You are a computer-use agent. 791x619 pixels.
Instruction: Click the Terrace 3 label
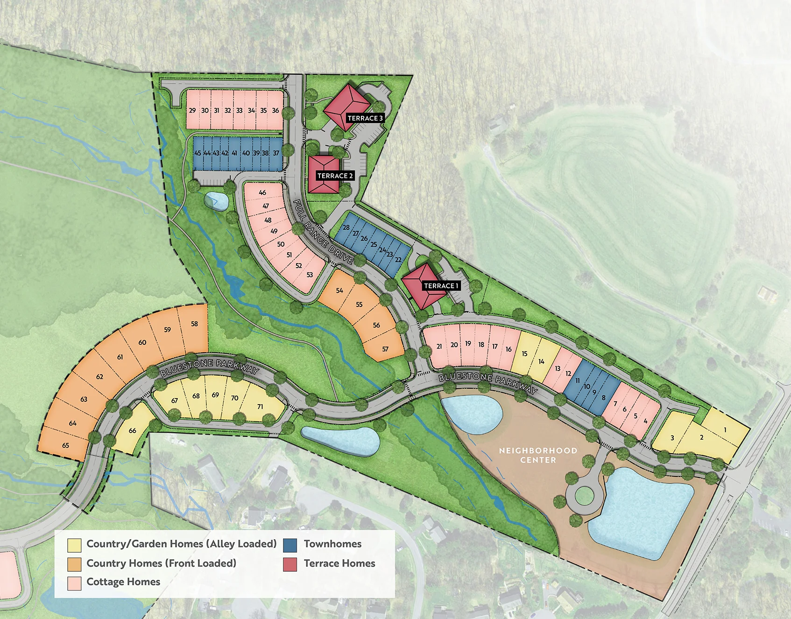pyautogui.click(x=365, y=118)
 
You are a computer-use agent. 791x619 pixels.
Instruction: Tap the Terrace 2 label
pyautogui.click(x=335, y=176)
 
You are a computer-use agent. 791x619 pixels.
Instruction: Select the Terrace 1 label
pyautogui.click(x=441, y=285)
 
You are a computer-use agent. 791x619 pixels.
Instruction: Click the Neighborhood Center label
pyautogui.click(x=538, y=455)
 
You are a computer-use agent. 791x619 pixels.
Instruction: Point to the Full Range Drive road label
pyautogui.click(x=323, y=233)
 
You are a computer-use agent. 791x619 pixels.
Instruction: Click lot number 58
pyautogui.click(x=194, y=324)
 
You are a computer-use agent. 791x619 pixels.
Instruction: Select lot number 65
pyautogui.click(x=65, y=445)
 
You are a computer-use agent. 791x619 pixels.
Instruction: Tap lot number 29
pyautogui.click(x=192, y=111)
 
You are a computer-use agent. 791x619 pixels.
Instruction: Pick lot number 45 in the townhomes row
pyautogui.click(x=198, y=153)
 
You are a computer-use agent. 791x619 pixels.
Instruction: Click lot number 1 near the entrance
pyautogui.click(x=725, y=430)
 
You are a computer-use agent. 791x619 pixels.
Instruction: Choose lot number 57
pyautogui.click(x=385, y=349)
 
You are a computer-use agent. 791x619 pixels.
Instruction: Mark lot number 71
pyautogui.click(x=260, y=406)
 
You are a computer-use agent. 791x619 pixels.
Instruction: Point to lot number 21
pyautogui.click(x=439, y=347)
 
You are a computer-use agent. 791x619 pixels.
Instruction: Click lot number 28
pyautogui.click(x=346, y=228)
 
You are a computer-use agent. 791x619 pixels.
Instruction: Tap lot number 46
pyautogui.click(x=262, y=192)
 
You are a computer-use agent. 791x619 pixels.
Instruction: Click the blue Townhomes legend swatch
pyautogui.click(x=290, y=545)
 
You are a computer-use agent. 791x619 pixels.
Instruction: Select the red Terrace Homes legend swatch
pyautogui.click(x=290, y=564)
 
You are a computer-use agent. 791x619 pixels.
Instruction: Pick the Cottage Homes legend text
pyautogui.click(x=123, y=582)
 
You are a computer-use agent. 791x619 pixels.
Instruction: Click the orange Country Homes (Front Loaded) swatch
pyautogui.click(x=74, y=564)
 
